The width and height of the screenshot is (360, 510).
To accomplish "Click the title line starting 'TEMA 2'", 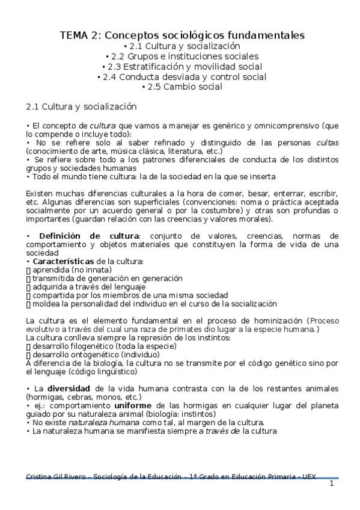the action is (x=182, y=35).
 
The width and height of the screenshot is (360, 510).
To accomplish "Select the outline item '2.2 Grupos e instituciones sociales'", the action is (x=182, y=56).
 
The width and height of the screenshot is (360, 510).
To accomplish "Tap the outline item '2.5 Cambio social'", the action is (x=182, y=87).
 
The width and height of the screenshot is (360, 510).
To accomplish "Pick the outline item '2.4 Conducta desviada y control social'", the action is (x=182, y=76).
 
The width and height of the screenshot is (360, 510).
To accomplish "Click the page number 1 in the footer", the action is (x=331, y=484).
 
